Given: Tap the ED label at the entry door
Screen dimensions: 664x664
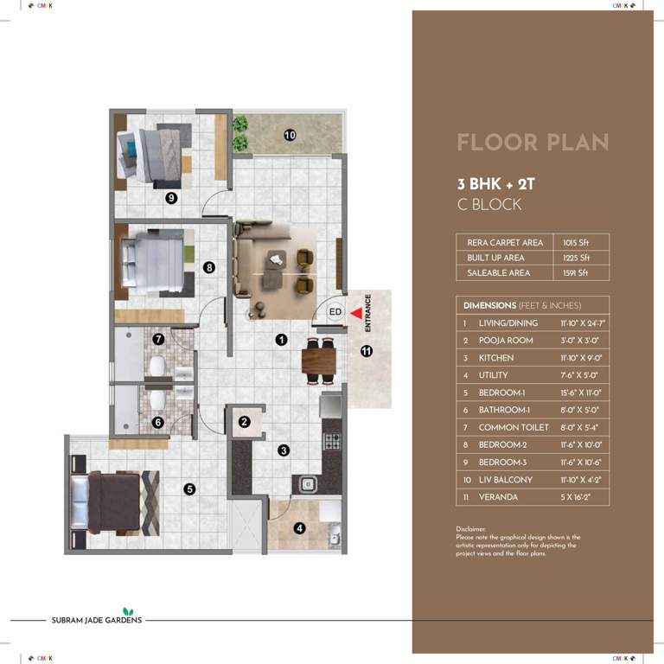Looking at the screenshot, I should (336, 312).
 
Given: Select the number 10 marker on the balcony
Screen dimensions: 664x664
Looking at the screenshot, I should (290, 134).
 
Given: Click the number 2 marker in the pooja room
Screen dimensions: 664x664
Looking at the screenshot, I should (245, 422).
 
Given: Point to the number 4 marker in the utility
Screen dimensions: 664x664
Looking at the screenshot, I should (298, 529).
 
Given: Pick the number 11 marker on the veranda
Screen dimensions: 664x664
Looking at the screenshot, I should (367, 351).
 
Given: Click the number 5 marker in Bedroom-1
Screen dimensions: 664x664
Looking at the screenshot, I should (189, 489).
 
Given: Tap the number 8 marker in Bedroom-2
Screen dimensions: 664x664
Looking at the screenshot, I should (209, 268).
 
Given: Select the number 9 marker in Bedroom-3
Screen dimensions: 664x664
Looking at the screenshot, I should (172, 198).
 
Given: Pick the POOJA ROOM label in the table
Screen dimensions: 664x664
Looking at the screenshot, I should (506, 341).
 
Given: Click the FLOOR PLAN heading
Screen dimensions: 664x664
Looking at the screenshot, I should (532, 143).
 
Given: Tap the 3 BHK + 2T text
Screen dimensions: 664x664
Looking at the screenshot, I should (496, 183).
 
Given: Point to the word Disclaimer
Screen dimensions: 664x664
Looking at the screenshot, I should (471, 528).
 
